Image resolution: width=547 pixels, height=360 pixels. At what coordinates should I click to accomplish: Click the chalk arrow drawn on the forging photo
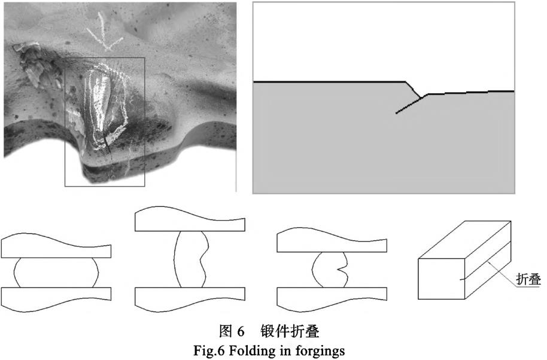(x=104, y=33)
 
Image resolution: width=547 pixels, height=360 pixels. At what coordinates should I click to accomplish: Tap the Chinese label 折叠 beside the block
(x=528, y=279)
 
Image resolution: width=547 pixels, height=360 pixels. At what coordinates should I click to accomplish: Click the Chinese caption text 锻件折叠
(x=290, y=331)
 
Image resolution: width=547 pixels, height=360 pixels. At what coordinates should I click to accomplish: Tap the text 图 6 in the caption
(x=232, y=331)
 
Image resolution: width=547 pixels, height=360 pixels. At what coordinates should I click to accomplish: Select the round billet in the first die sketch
(x=56, y=273)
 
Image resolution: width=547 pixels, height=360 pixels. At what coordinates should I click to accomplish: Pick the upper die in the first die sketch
(x=56, y=246)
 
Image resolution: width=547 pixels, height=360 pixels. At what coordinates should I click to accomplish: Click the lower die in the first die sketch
(x=56, y=300)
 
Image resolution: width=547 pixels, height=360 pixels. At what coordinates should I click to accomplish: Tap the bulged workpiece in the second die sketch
(x=191, y=260)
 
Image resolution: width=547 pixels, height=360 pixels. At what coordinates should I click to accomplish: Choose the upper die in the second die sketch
(x=190, y=219)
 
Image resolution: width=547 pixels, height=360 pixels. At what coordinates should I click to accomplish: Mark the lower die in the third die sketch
(x=332, y=300)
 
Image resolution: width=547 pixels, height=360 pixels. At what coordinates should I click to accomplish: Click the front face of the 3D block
(x=441, y=279)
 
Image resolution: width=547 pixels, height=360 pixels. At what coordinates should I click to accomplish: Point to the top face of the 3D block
(x=464, y=240)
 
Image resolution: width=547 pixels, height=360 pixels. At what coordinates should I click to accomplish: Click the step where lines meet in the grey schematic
(x=422, y=97)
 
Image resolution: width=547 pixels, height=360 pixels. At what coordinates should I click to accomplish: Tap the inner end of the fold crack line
(x=396, y=112)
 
